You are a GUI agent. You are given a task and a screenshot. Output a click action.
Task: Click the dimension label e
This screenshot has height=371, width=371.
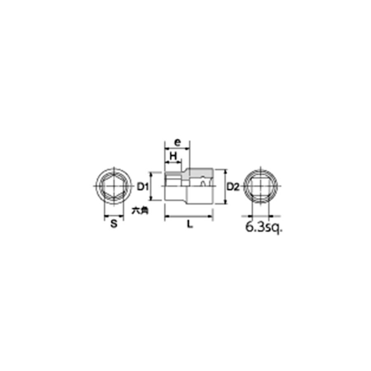tap(177, 142)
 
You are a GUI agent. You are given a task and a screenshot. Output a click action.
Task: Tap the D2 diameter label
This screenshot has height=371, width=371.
tap(233, 187)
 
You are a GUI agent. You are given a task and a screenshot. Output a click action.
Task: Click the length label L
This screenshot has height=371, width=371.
tap(189, 224)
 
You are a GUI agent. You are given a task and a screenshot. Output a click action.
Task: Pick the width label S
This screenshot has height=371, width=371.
tap(114, 224)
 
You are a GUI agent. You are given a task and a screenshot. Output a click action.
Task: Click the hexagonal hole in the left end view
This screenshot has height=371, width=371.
tap(113, 187)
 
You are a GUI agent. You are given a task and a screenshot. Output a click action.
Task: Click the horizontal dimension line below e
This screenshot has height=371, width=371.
tap(177, 148)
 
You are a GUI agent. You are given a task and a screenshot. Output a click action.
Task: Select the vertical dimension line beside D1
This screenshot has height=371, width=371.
tap(151, 187)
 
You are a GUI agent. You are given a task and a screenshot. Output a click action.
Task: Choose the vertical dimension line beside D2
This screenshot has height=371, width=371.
tap(225, 186)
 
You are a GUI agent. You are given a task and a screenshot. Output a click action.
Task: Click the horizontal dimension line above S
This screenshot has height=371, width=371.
tap(114, 216)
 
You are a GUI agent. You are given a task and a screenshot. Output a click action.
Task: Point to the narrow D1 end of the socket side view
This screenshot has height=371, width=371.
tap(173, 187)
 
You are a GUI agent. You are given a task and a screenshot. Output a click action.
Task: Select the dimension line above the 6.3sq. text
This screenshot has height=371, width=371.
tap(260, 216)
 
